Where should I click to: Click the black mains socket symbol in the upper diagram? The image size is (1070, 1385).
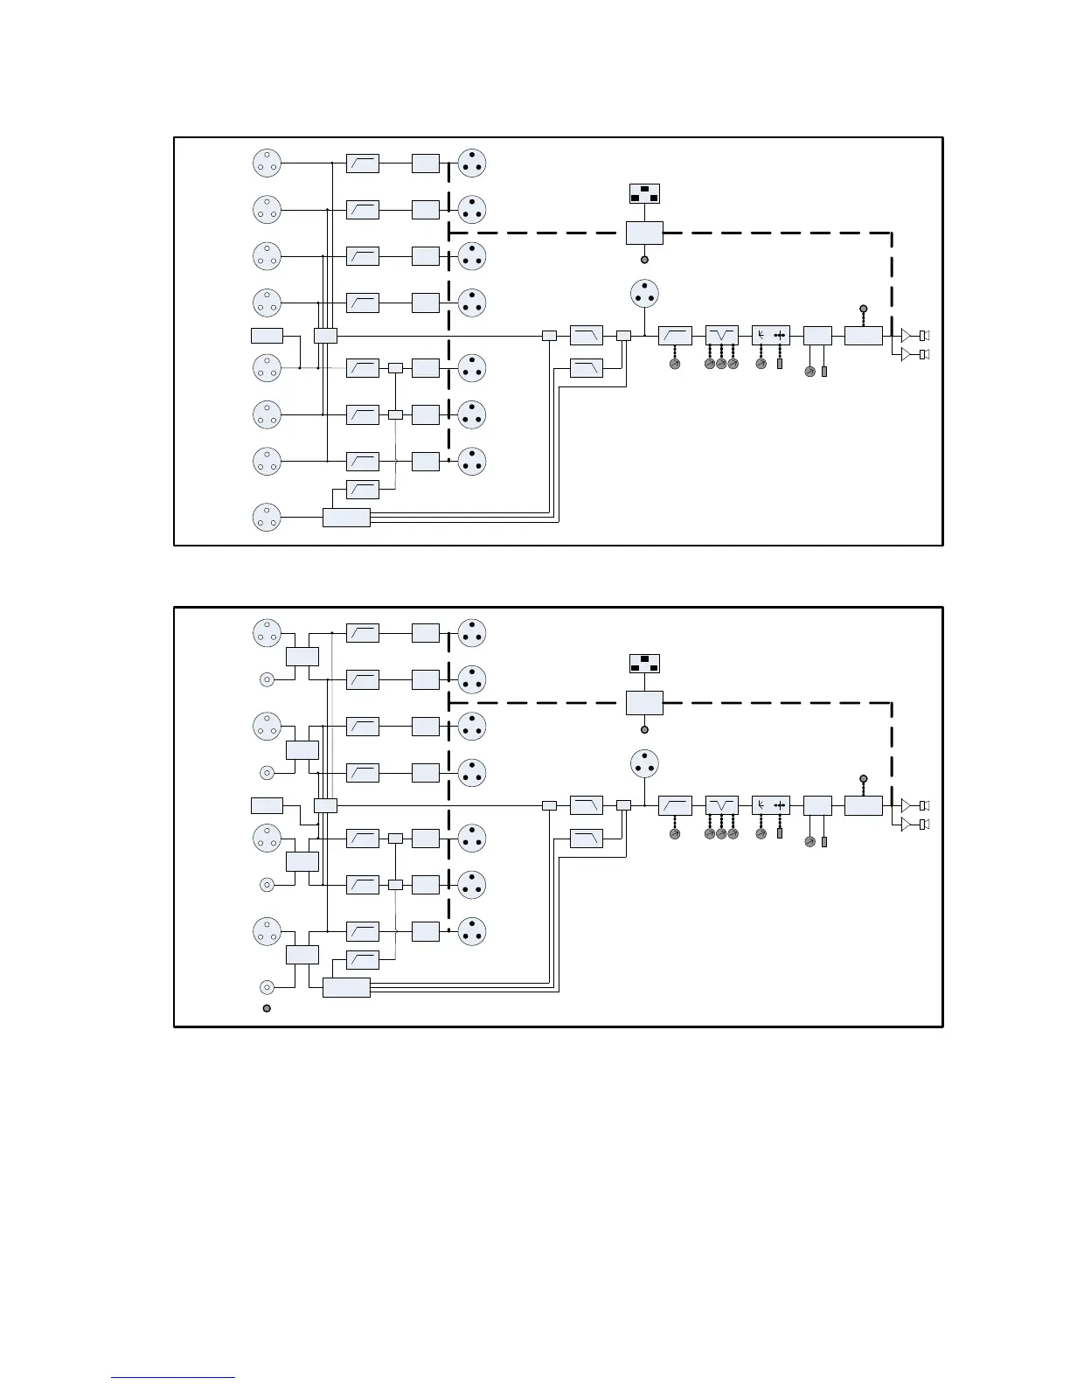tap(644, 193)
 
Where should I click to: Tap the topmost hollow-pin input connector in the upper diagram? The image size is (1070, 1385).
tap(267, 163)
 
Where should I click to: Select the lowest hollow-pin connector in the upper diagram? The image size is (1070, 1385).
tap(267, 517)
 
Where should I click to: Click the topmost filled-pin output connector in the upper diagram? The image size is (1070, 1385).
tap(472, 163)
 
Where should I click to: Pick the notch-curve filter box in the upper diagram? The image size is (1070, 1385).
tap(721, 335)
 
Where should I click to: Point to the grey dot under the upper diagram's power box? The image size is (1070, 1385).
tap(644, 260)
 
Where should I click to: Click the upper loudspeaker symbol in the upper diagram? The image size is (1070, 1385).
tap(923, 335)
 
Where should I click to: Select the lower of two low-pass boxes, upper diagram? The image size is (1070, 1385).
tap(586, 368)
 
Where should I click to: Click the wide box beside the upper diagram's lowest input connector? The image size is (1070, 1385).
tap(346, 517)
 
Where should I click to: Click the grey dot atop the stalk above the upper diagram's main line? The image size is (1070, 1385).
tap(863, 309)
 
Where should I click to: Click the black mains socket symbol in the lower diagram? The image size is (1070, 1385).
tap(644, 663)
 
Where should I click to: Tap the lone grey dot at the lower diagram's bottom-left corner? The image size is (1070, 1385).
tap(267, 1008)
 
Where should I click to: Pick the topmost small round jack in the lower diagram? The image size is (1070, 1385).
tap(267, 679)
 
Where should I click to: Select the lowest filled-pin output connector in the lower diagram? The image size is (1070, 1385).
tap(472, 930)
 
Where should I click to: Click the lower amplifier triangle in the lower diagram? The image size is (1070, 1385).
tap(907, 824)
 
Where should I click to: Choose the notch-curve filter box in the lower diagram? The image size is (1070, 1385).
tap(721, 804)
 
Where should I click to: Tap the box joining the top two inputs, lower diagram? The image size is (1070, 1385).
tap(302, 657)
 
